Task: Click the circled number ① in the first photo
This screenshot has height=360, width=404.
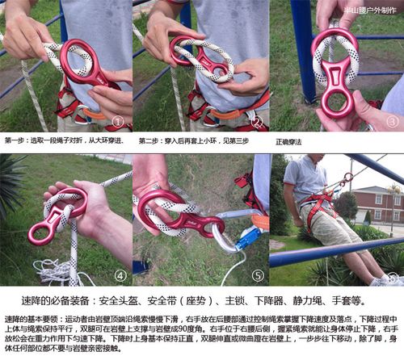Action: (118, 123)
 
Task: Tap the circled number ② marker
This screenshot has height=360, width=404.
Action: (256, 123)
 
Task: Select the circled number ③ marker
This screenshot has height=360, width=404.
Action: (392, 122)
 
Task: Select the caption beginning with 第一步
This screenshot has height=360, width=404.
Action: (64, 141)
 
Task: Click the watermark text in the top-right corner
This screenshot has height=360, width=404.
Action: (370, 10)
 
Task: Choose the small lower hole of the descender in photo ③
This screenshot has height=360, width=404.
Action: (335, 105)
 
